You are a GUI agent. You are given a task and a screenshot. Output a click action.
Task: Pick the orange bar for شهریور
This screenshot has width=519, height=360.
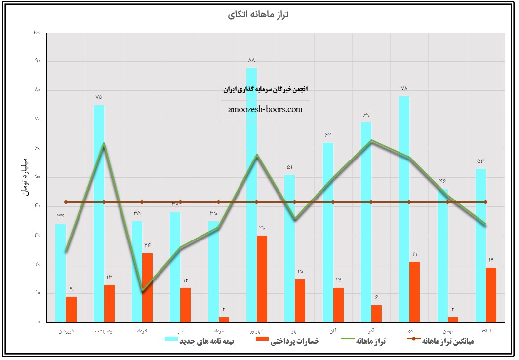262,279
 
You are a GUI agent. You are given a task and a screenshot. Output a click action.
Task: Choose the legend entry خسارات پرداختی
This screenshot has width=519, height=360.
294,341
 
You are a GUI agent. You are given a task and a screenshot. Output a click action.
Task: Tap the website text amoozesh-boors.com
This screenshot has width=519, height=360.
265,109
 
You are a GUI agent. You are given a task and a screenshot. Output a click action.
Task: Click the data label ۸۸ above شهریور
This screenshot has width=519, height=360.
251,60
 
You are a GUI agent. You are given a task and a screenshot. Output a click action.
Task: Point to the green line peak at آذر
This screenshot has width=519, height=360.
371,140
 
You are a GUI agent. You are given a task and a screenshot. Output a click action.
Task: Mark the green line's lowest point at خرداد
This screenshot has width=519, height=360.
142,291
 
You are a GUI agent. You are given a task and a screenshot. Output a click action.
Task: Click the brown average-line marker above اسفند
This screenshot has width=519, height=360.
485,202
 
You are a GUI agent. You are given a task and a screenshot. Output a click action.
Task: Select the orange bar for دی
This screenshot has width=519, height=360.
414,292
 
